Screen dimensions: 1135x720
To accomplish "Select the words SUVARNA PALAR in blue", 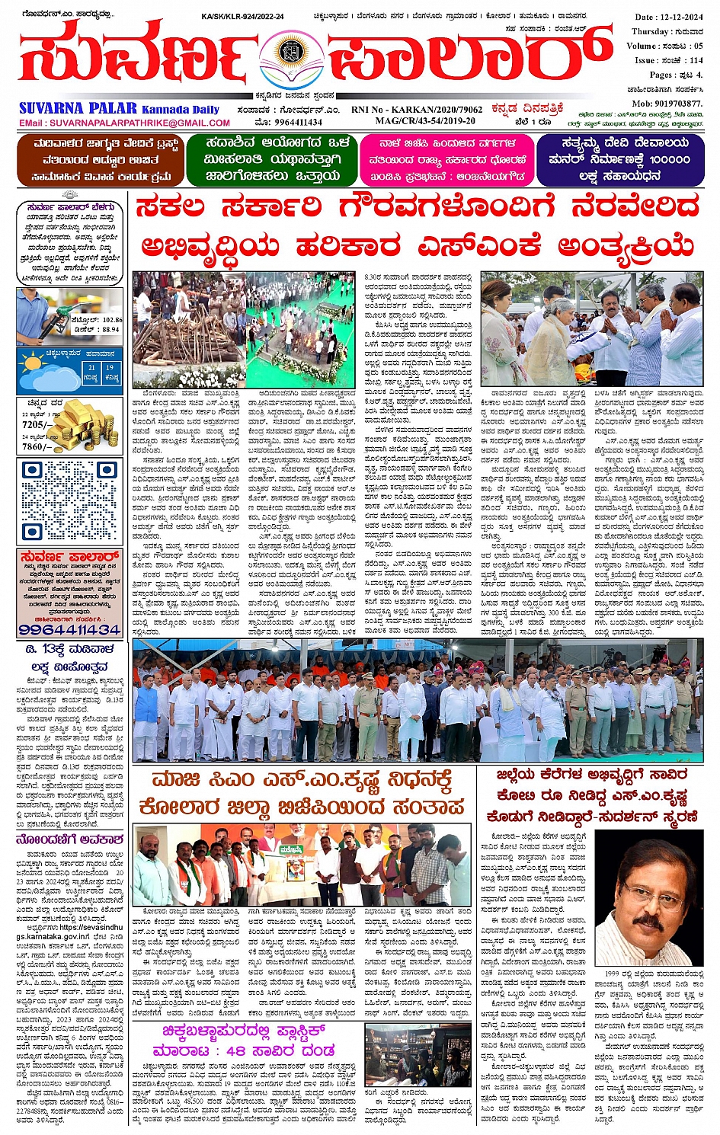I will click(78, 108).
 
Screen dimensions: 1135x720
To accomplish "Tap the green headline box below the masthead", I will click(273, 160).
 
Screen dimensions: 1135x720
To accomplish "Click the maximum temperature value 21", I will click(91, 368).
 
